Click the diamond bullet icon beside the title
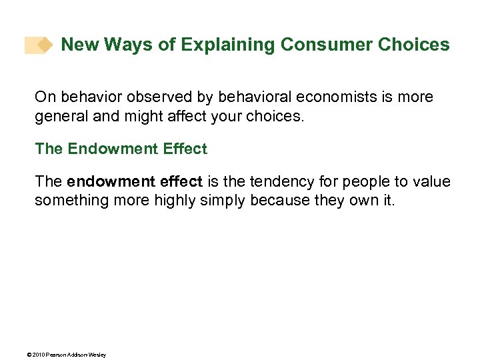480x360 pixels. pos(44,45)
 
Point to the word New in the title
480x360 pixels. pos(78,45)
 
